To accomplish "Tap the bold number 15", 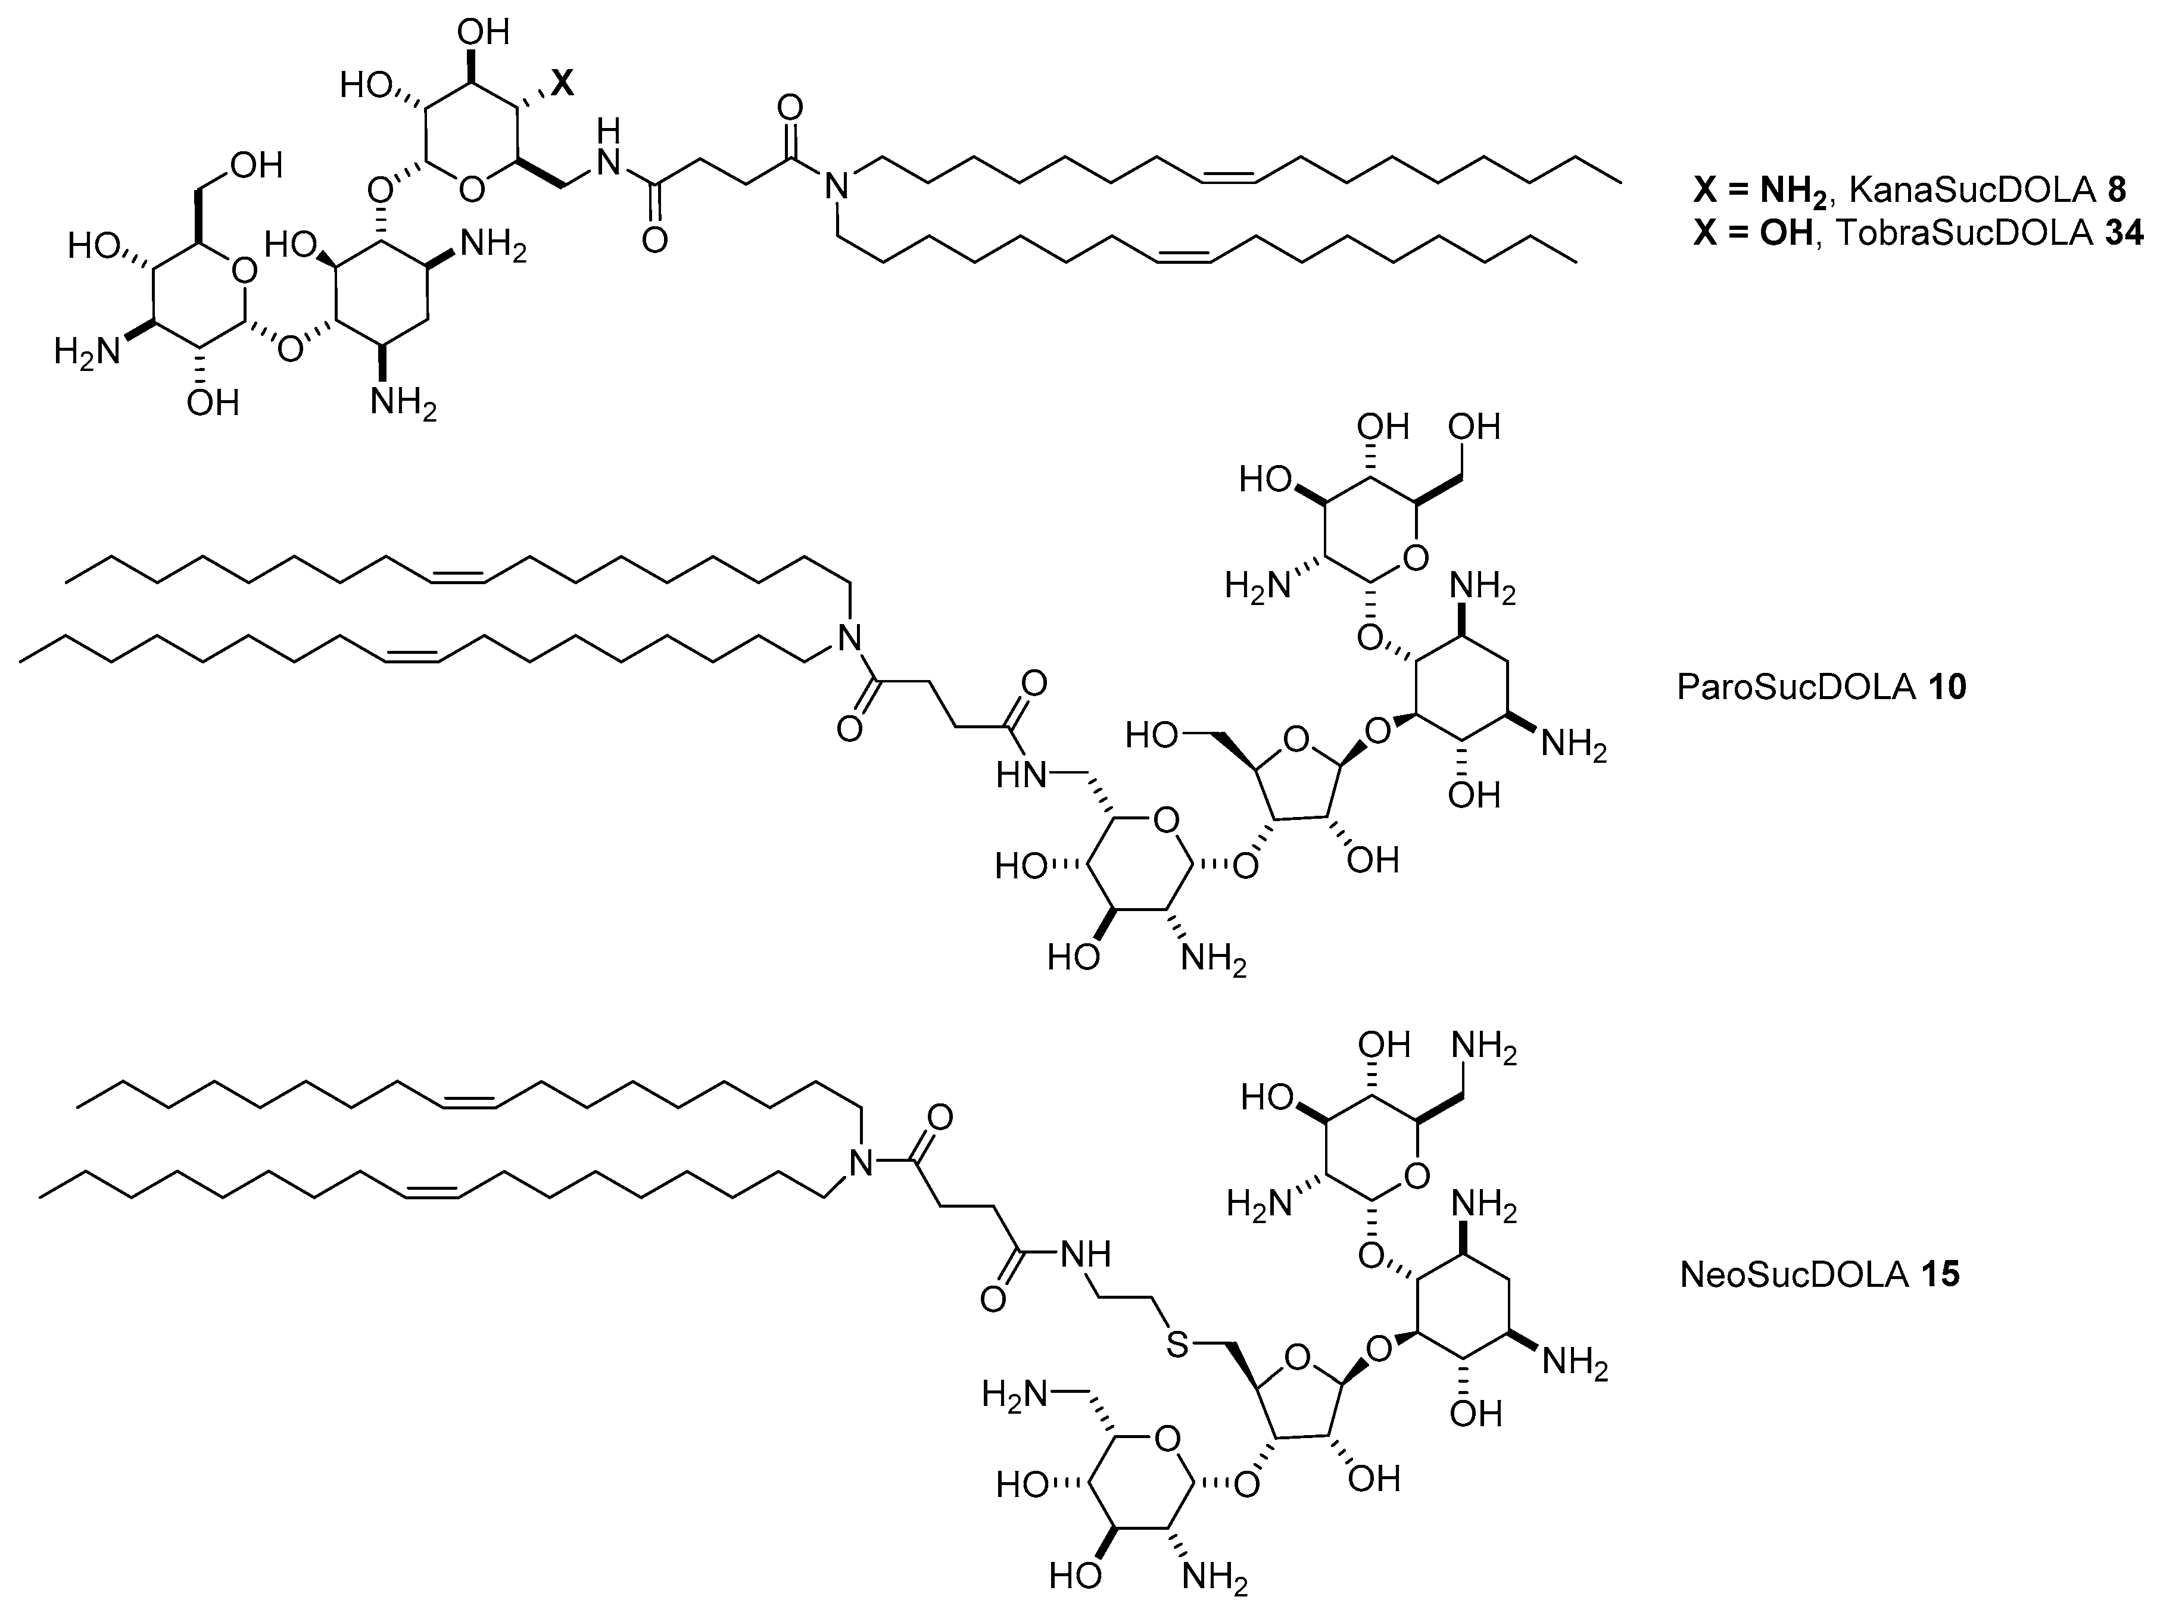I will [1939, 1274].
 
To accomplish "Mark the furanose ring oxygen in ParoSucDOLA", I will [1295, 742].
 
